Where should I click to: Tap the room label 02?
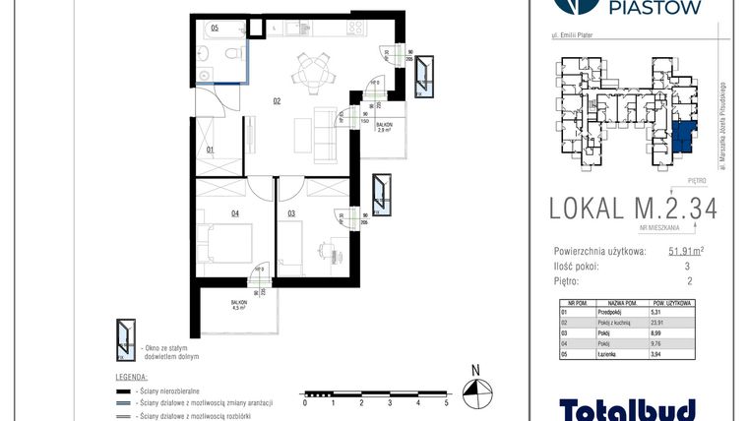(x=278, y=100)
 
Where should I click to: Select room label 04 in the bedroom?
(x=208, y=211)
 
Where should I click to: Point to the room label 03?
(x=291, y=211)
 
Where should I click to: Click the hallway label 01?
(x=210, y=150)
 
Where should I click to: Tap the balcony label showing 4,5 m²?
(x=238, y=306)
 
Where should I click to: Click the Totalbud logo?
(x=628, y=408)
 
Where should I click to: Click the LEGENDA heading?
(x=132, y=376)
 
